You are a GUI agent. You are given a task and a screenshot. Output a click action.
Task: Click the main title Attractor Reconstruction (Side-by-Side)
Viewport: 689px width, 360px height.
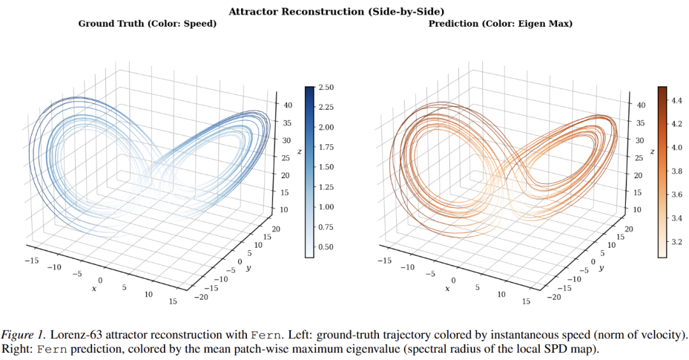pyautogui.click(x=336, y=11)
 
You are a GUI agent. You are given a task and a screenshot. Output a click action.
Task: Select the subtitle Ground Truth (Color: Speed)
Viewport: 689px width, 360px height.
pyautogui.click(x=147, y=24)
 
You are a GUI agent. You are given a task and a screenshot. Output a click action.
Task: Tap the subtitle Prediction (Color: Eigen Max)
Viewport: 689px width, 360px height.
pyautogui.click(x=501, y=24)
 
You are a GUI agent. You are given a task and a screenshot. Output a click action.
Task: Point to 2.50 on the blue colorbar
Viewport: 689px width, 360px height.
pyautogui.click(x=326, y=87)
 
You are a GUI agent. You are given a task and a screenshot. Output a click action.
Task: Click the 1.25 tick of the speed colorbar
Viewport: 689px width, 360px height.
pyautogui.click(x=326, y=187)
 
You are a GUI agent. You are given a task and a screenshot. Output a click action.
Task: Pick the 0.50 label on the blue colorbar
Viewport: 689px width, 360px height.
pyautogui.click(x=326, y=246)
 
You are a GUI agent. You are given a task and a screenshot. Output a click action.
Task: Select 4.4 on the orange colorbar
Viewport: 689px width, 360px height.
pyautogui.click(x=677, y=100)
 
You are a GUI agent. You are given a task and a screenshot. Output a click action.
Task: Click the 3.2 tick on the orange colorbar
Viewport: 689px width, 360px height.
pyautogui.click(x=677, y=241)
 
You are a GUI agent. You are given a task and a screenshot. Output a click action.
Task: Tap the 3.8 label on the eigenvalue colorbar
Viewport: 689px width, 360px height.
pyautogui.click(x=677, y=171)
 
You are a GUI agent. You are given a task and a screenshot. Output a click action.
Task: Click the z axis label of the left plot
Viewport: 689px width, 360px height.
pyautogui.click(x=299, y=152)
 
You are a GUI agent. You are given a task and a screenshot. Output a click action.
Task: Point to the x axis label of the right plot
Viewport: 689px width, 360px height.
pyautogui.click(x=447, y=289)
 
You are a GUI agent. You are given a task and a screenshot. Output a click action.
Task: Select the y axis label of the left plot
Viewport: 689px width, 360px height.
pyautogui.click(x=249, y=267)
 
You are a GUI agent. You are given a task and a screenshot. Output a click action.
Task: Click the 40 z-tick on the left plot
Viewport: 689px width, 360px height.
pyautogui.click(x=288, y=105)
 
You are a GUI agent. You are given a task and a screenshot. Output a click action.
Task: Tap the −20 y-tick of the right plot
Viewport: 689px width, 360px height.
pyautogui.click(x=554, y=297)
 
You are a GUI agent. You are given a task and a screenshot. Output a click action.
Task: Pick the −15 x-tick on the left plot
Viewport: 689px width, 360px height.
pyautogui.click(x=32, y=260)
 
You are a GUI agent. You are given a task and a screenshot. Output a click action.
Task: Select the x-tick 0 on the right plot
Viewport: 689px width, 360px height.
pyautogui.click(x=454, y=280)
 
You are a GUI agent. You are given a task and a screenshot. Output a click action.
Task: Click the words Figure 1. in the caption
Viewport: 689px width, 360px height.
pyautogui.click(x=23, y=335)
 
